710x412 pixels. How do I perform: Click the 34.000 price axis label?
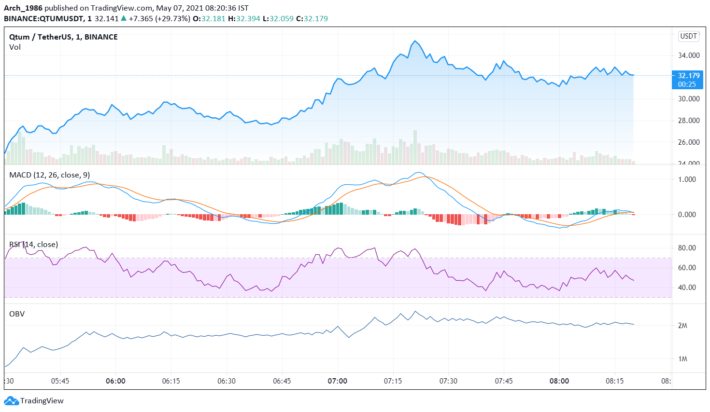click(689, 55)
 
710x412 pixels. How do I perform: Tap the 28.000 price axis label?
click(689, 121)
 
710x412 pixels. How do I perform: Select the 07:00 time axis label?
click(337, 381)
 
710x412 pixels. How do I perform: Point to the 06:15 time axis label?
click(171, 381)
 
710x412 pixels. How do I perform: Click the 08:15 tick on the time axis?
click(614, 381)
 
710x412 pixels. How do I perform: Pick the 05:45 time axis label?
click(60, 381)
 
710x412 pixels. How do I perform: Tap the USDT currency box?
click(688, 36)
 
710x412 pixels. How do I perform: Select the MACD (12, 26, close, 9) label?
click(49, 175)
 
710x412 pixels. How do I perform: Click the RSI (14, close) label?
click(33, 245)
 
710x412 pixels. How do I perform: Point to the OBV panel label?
click(17, 314)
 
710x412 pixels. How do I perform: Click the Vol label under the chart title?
click(15, 47)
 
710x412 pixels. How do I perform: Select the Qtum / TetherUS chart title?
click(63, 37)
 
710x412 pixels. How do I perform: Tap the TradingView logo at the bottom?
click(34, 401)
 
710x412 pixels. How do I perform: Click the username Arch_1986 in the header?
click(23, 8)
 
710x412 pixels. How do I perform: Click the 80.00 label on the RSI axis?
click(687, 248)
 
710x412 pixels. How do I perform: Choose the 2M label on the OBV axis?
click(682, 326)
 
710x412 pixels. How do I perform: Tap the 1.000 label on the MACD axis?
click(687, 179)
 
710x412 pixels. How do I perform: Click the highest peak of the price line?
click(414, 41)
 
